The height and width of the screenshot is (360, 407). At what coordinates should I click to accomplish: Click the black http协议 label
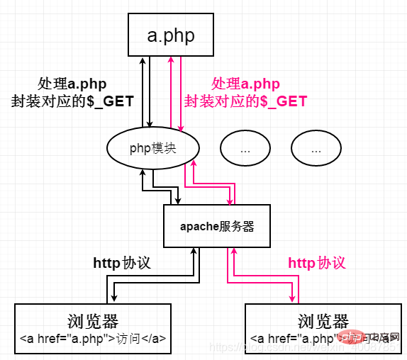(122, 263)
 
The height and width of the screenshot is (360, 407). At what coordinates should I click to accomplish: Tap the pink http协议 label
(317, 263)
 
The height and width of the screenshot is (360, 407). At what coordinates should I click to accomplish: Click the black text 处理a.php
(72, 84)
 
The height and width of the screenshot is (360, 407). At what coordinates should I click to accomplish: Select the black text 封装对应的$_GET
(72, 101)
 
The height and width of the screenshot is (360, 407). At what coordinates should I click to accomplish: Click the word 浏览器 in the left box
(94, 320)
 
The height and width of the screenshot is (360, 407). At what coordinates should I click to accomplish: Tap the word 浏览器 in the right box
(323, 320)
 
